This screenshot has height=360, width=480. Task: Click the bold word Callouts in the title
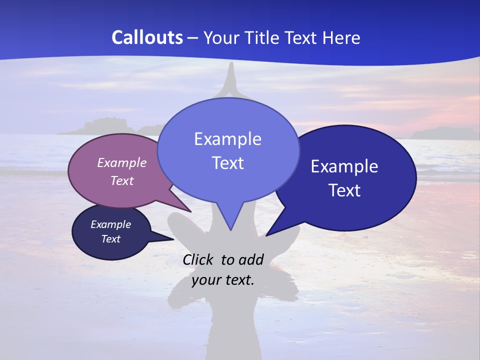point(147,37)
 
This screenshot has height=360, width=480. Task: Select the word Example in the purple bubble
point(122,162)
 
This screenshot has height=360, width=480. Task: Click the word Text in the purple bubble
point(122,180)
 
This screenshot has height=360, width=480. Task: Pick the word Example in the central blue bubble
point(227,138)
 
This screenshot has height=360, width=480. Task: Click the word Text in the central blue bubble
point(227,163)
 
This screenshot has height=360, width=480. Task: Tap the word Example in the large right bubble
point(344,166)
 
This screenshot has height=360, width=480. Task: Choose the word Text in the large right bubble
point(344,190)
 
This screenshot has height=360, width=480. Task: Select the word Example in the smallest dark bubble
point(110,224)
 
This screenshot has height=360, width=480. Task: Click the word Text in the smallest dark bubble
point(110,239)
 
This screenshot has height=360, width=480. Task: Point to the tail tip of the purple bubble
point(191,211)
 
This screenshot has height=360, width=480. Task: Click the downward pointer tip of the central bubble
point(230,230)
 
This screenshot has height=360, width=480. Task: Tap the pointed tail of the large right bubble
point(266,235)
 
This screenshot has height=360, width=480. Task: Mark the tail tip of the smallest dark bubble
point(173,239)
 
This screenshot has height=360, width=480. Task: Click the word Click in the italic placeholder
point(199,259)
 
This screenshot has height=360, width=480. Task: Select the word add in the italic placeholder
point(251,259)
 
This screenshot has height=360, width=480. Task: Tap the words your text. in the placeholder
point(223,280)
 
